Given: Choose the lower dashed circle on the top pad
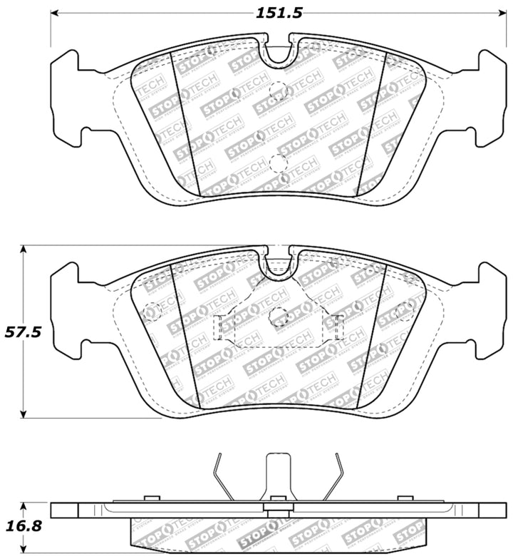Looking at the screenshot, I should click(279, 163).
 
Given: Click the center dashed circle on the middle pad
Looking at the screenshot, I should click(279, 315).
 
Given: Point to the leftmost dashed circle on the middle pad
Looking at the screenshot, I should click(151, 311).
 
